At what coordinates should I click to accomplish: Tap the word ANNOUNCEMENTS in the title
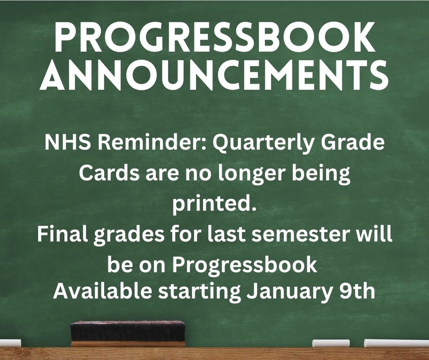pyautogui.click(x=214, y=77)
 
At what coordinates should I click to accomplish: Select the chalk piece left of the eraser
pyautogui.click(x=9, y=343)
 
